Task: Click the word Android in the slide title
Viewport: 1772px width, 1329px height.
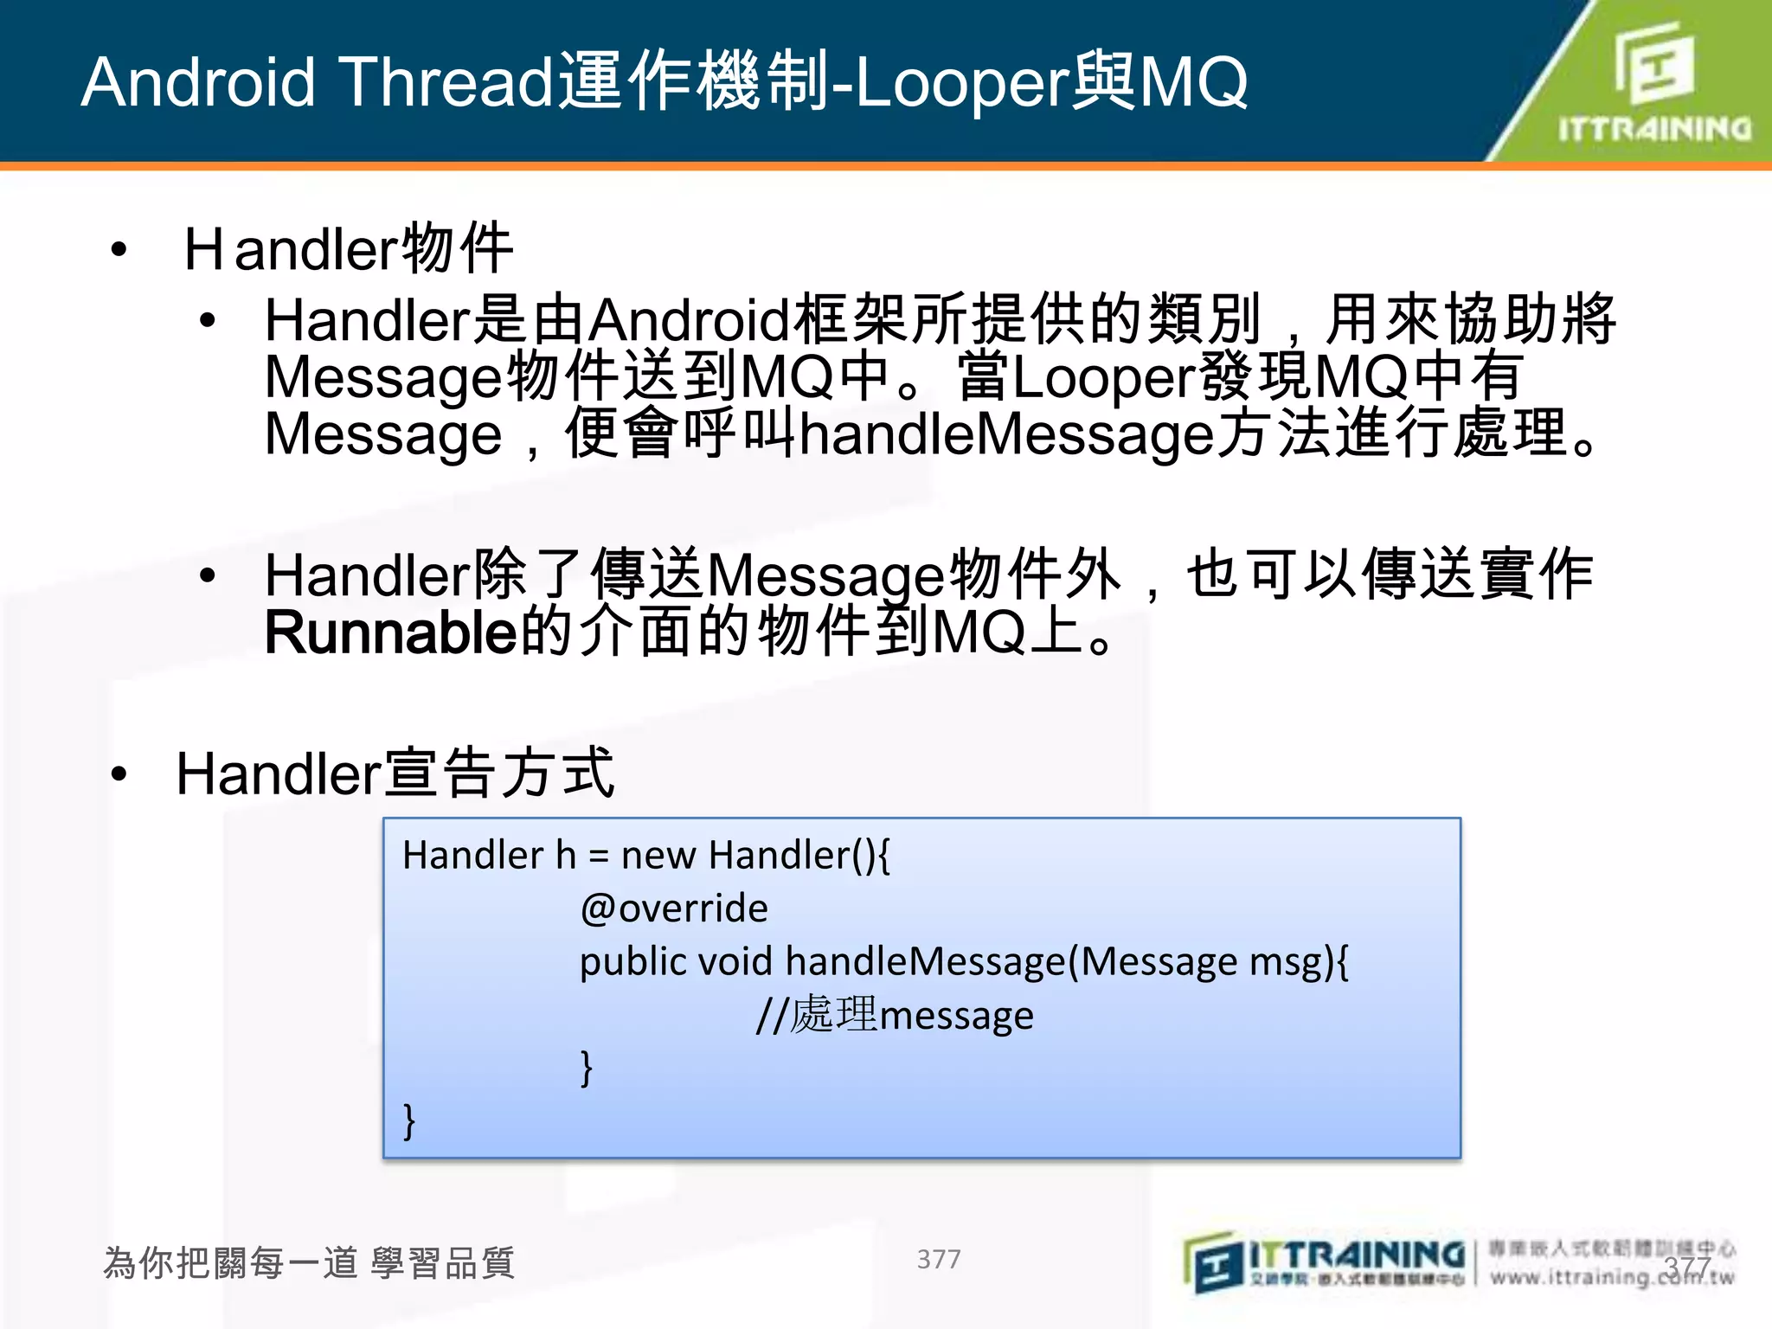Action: pos(197,82)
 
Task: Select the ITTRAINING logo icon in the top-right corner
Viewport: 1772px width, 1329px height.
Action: pos(1653,65)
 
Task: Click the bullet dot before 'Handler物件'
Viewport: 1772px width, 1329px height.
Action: pos(119,251)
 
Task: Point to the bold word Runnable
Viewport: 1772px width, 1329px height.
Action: pos(390,632)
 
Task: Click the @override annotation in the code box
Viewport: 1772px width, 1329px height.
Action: pos(674,908)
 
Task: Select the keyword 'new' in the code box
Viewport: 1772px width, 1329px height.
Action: pos(658,856)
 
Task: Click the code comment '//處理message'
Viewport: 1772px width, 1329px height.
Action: pos(895,1015)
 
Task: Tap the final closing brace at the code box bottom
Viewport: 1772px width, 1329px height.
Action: pos(409,1120)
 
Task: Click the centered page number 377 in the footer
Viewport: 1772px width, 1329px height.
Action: pos(939,1259)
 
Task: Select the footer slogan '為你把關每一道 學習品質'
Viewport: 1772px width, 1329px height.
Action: pos(309,1263)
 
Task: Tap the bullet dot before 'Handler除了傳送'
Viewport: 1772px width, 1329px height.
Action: pos(207,575)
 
